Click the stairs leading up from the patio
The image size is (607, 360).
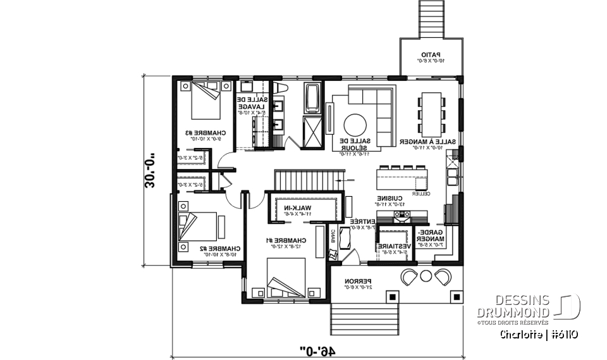coord(432,20)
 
